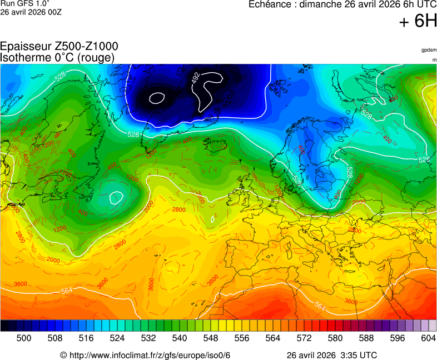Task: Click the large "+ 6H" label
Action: pyautogui.click(x=418, y=21)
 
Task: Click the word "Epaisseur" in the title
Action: pyautogui.click(x=26, y=47)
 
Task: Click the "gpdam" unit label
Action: pyautogui.click(x=428, y=50)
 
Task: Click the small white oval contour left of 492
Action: pyautogui.click(x=157, y=98)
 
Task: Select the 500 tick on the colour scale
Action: pyautogui.click(x=23, y=338)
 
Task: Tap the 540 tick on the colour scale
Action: pyautogui.click(x=180, y=338)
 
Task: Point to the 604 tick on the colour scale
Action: pyautogui.click(x=428, y=338)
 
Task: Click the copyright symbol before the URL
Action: pyautogui.click(x=63, y=355)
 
